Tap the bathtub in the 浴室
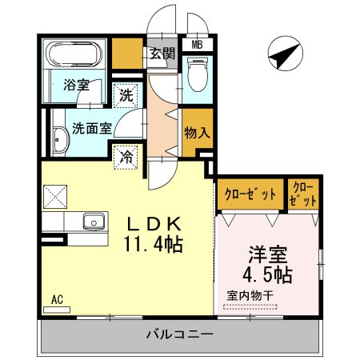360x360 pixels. [70, 55]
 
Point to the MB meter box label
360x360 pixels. [197, 46]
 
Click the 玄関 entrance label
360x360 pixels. [162, 54]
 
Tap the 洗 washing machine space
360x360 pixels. [126, 95]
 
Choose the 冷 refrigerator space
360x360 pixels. [126, 156]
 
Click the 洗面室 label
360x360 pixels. [90, 126]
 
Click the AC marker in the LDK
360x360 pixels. [57, 300]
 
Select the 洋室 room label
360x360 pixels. [268, 254]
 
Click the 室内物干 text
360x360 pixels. [250, 295]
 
